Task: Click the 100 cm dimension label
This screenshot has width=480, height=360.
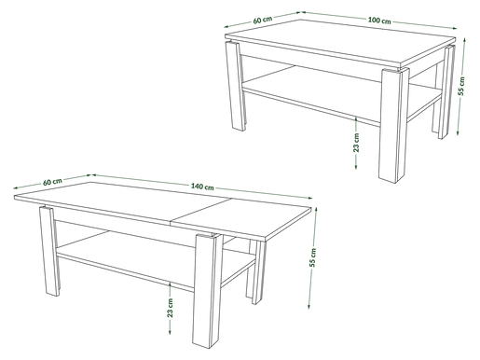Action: (x=379, y=21)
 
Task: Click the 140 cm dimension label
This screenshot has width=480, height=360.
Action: (x=202, y=187)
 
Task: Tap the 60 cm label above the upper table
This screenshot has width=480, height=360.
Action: (x=263, y=20)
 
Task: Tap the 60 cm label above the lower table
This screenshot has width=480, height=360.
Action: (x=52, y=181)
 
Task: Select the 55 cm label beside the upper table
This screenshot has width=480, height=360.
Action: (x=462, y=86)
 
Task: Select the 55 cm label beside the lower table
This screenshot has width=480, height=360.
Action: (x=312, y=257)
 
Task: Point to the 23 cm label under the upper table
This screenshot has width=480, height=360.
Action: (x=356, y=143)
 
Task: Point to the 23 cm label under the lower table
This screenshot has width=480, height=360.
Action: (x=170, y=308)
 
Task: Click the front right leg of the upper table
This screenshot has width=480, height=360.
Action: (x=390, y=125)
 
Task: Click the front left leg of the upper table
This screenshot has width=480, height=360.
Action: (x=236, y=86)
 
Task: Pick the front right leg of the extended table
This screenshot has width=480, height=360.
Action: (x=208, y=291)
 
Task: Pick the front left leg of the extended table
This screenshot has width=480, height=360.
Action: (x=49, y=251)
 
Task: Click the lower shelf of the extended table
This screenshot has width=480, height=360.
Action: (x=156, y=254)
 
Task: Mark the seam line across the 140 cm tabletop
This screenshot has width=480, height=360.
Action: (x=201, y=211)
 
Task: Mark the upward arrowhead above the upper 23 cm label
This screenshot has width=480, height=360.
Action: (x=356, y=119)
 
